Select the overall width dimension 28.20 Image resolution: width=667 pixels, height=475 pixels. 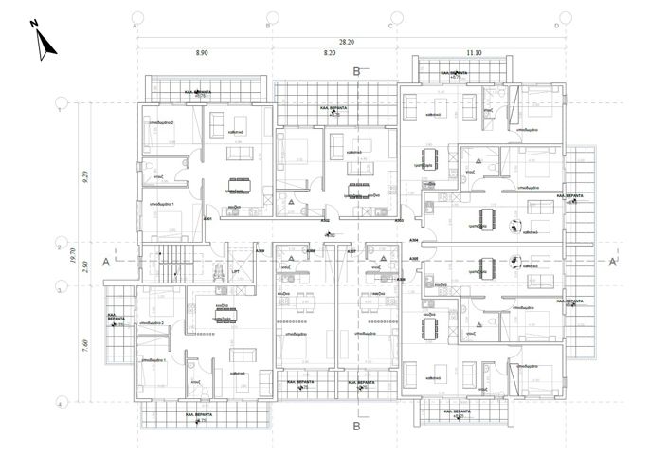(x=350, y=42)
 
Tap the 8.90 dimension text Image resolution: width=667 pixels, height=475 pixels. (x=203, y=54)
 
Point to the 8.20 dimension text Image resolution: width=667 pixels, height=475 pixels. (x=330, y=54)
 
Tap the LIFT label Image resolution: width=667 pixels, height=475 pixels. (x=236, y=271)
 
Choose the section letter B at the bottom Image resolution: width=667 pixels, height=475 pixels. (x=356, y=427)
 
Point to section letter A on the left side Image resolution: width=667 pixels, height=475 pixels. (x=105, y=261)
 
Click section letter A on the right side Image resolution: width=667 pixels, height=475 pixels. (x=613, y=261)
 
